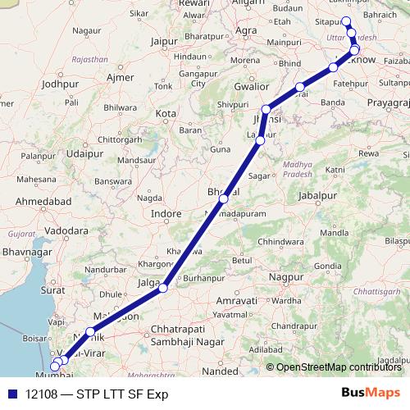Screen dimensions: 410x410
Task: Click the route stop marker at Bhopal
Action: pos(223,198)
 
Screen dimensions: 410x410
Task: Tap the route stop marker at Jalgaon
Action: pos(163,288)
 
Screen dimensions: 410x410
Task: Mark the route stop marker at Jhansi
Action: pos(266,109)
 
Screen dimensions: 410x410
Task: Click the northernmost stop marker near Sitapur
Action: pos(345,21)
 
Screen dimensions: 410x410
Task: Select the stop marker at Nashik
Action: pos(90,331)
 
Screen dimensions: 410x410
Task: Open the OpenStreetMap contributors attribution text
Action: pos(336,367)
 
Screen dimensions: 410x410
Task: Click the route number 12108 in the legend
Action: pos(42,394)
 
